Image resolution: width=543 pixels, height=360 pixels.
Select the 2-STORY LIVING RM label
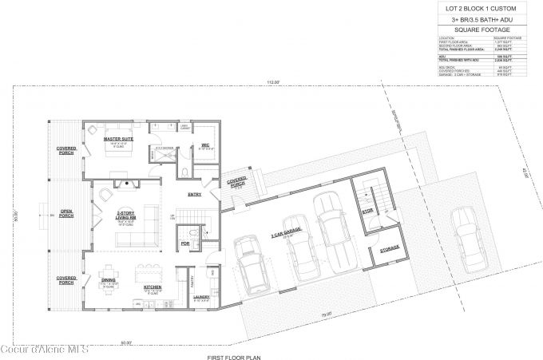pyautogui.click(x=125, y=214)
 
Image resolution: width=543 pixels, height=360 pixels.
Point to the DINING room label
pyautogui.click(x=108, y=279)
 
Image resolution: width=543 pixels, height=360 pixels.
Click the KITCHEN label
pyautogui.click(x=153, y=286)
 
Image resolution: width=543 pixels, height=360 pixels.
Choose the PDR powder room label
pyautogui.click(x=185, y=243)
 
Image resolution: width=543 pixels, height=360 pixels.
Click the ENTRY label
pyautogui.click(x=194, y=195)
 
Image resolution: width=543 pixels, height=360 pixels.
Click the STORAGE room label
pyautogui.click(x=390, y=249)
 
